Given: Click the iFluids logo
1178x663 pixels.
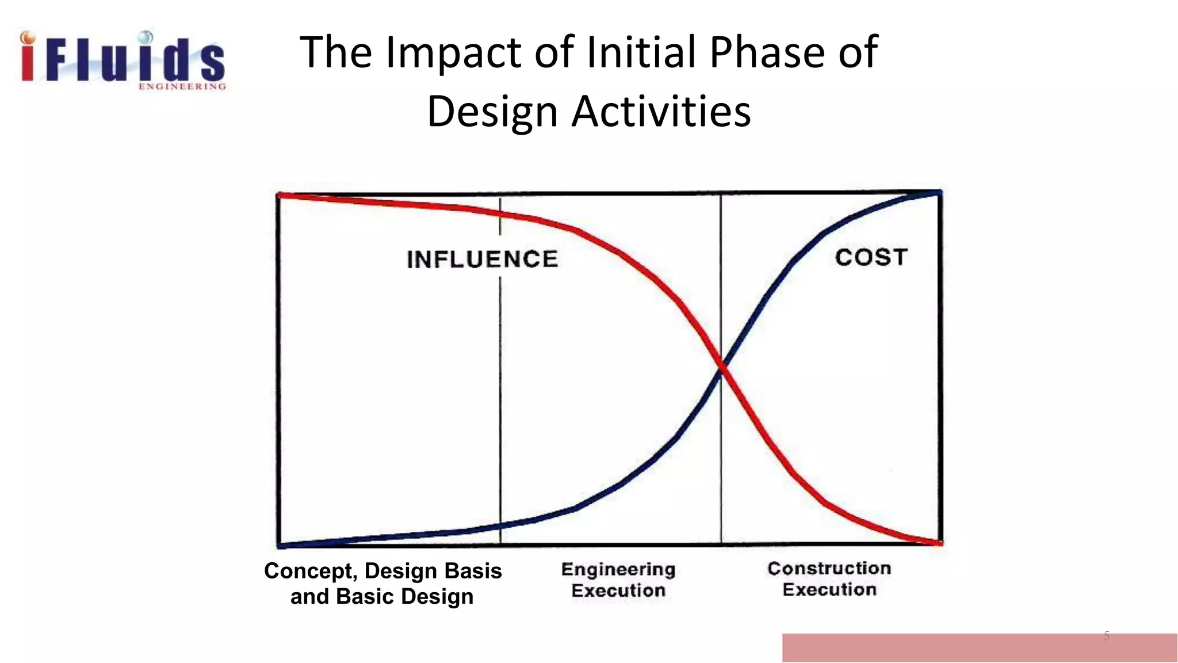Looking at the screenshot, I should pyautogui.click(x=123, y=60).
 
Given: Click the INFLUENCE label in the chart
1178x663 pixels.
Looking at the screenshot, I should pyautogui.click(x=482, y=259).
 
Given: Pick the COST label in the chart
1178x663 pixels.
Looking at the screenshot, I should pyautogui.click(x=871, y=257).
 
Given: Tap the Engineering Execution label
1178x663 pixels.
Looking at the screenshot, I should pyautogui.click(x=618, y=580).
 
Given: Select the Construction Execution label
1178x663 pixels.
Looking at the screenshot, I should pyautogui.click(x=829, y=579).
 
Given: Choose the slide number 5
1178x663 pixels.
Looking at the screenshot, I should pyautogui.click(x=1106, y=636).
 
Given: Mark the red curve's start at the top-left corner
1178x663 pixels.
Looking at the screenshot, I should pyautogui.click(x=280, y=196).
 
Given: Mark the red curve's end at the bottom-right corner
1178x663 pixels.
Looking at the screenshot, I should pyautogui.click(x=939, y=542).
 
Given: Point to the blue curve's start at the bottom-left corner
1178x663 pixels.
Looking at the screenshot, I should pyautogui.click(x=280, y=544).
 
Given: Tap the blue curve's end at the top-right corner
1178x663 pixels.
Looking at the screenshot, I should pyautogui.click(x=939, y=192).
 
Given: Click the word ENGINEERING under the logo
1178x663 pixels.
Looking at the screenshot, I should pyautogui.click(x=182, y=87).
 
